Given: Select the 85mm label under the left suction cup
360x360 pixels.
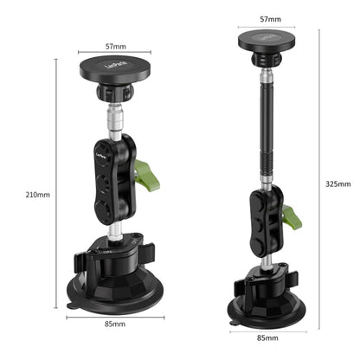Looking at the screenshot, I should pyautogui.click(x=114, y=324).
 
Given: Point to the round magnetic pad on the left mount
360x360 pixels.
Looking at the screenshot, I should pyautogui.click(x=106, y=69).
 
